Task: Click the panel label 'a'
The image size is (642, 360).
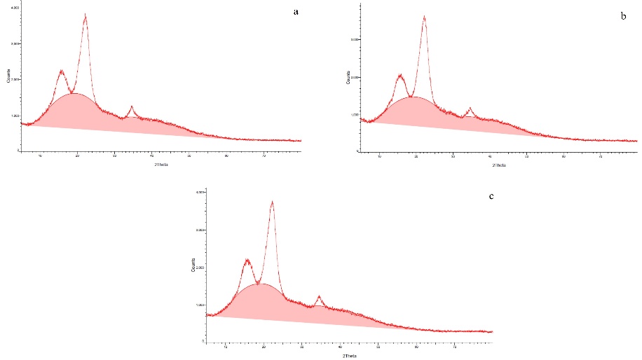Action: click(297, 13)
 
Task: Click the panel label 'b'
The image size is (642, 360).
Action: click(624, 15)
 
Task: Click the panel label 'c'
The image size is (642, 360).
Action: click(491, 195)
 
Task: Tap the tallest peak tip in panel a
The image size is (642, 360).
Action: click(86, 15)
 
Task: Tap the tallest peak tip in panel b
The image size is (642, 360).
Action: click(424, 17)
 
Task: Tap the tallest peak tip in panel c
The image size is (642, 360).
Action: click(272, 202)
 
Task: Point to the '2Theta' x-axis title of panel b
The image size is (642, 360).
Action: click(498, 165)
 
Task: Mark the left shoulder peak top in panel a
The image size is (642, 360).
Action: click(61, 70)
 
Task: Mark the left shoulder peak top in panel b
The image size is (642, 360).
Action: click(400, 75)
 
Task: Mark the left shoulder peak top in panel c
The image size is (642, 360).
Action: click(247, 260)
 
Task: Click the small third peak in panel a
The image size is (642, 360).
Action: click(131, 106)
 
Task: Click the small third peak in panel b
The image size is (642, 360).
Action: click(470, 109)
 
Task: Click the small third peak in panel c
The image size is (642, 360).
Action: click(319, 296)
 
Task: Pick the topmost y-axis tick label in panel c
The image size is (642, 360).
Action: click(200, 192)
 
